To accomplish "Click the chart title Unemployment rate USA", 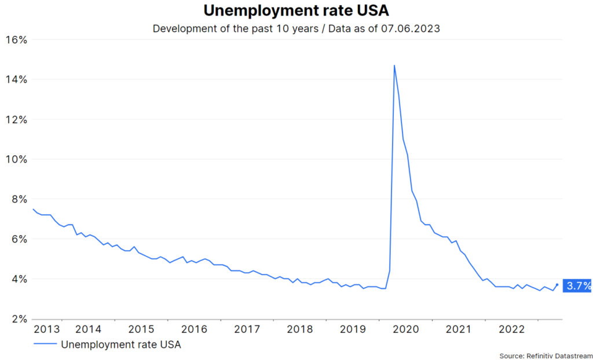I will (296, 11).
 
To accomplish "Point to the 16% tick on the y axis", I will (16, 40).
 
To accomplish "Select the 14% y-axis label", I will (16, 79).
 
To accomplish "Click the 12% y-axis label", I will (16, 119).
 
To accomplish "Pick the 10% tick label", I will (16, 159).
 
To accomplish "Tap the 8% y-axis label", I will (19, 199).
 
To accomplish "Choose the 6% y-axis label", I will (19, 239).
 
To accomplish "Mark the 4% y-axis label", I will (19, 279).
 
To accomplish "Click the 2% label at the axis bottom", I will (19, 319).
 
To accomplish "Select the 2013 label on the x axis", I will (46, 329).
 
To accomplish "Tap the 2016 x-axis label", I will (194, 329).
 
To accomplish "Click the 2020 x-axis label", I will (405, 329).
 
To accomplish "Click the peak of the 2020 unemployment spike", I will (394, 65).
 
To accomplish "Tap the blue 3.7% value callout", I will (577, 285).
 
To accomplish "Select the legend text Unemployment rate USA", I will (121, 344).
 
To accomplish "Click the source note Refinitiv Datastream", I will (559, 355).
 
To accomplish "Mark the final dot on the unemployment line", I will (557, 285).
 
